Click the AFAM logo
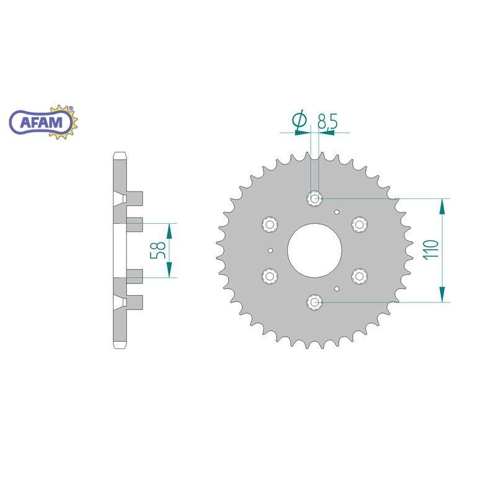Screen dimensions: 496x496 coord(43,122)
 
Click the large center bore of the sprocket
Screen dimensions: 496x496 coord(315,250)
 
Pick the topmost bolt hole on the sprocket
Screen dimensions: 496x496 coord(314,198)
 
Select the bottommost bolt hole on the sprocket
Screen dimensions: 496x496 coord(314,302)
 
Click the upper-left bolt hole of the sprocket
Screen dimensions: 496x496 coord(270,224)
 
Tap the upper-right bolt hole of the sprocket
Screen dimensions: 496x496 coord(360,224)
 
